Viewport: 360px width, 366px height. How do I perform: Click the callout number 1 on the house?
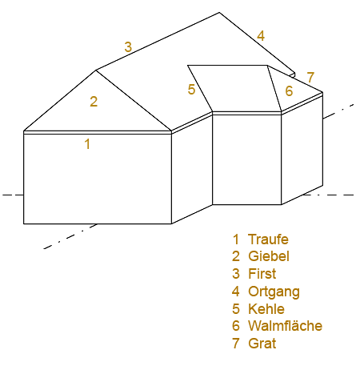pos(87,144)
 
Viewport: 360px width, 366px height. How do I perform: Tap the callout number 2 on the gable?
pos(94,102)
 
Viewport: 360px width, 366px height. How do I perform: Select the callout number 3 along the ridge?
pos(128,47)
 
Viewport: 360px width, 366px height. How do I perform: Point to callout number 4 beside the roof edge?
pos(261,36)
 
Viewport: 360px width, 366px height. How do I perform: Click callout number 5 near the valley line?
pos(191,90)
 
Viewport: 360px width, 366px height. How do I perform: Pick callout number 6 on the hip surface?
pos(289,91)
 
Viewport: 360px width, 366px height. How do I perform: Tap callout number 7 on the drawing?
pos(310,78)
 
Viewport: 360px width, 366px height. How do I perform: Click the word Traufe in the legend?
pos(268,239)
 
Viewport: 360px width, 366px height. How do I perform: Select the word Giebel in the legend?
pos(269,256)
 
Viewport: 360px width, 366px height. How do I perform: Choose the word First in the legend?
pos(262,274)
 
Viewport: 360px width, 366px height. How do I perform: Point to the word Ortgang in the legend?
pos(274,292)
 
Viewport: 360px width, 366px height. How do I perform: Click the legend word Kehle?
pos(266,309)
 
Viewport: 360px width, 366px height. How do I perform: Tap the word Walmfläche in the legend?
pos(286,326)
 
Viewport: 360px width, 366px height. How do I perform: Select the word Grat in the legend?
pos(262,344)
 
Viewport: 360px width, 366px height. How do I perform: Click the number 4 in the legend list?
pos(236,292)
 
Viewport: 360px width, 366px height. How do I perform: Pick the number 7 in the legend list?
pos(236,344)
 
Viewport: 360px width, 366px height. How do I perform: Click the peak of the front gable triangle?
pos(96,70)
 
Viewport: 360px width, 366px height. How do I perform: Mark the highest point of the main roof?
pos(219,12)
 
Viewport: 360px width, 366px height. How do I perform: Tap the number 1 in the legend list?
pos(236,239)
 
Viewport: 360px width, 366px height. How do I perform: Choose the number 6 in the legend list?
pos(236,326)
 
